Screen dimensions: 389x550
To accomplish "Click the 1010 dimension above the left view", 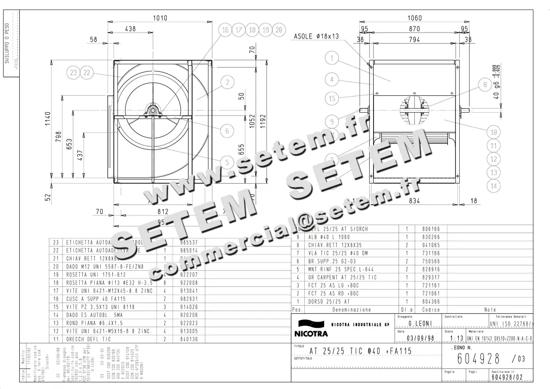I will [x=160, y=18].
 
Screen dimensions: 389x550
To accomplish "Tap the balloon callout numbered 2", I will [x=227, y=82].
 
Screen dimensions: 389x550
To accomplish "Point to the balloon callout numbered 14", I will [x=494, y=186].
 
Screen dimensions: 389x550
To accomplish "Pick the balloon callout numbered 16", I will [x=225, y=30].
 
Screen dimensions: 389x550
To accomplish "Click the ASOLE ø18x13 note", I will [x=316, y=36].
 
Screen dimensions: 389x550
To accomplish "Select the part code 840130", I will [x=184, y=339].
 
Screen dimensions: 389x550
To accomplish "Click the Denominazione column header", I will [x=352, y=310].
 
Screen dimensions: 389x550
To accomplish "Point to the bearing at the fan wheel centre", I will [x=152, y=110].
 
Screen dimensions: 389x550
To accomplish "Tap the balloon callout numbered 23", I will [x=73, y=72].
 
